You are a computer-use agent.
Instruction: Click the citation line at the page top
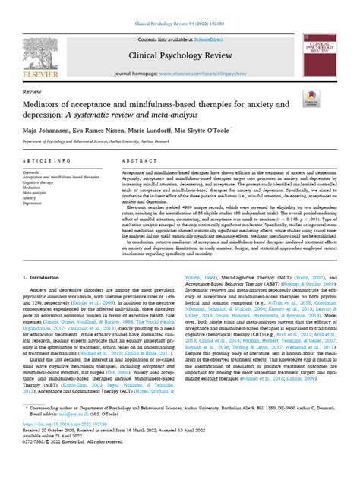pyautogui.click(x=179, y=5)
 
